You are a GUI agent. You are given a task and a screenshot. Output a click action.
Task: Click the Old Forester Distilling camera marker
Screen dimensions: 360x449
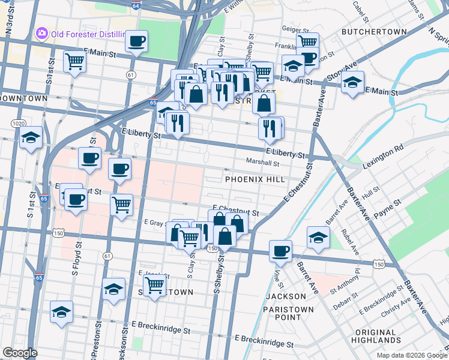[x=42, y=32]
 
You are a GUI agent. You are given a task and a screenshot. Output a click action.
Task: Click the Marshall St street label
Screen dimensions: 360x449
[x=263, y=162]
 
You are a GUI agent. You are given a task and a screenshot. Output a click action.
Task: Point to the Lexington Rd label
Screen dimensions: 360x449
[x=382, y=155]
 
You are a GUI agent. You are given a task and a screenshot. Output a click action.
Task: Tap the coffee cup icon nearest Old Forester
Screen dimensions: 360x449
[x=136, y=41]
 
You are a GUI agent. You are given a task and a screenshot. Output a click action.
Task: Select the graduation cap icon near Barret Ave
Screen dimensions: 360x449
[x=318, y=237]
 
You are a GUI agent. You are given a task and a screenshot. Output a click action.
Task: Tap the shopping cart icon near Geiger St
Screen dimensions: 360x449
[x=307, y=42]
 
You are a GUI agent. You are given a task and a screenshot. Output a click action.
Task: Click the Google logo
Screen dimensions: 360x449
[x=20, y=353]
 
